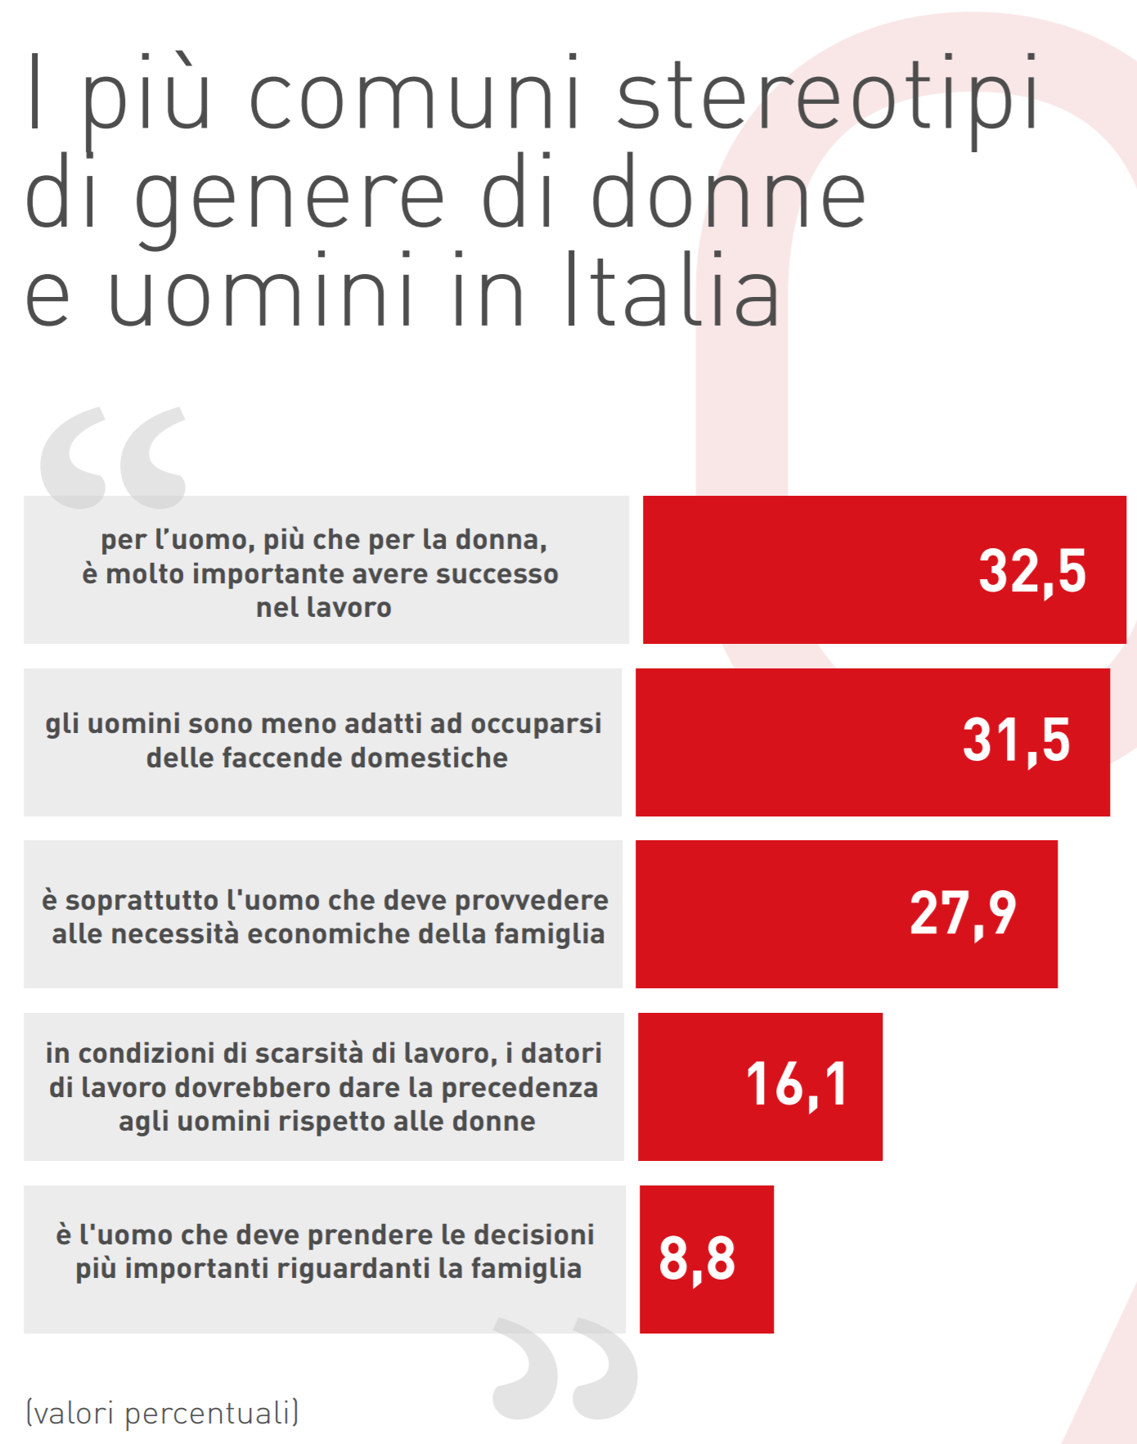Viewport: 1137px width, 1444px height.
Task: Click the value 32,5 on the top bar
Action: (x=1032, y=570)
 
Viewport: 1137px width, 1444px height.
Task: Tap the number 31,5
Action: (x=1016, y=740)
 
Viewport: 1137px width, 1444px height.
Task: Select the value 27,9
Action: (x=963, y=913)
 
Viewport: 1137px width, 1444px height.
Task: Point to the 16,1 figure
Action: (x=797, y=1085)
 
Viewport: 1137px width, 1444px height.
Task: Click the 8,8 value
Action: (x=697, y=1258)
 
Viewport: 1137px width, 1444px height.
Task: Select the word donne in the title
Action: (x=728, y=195)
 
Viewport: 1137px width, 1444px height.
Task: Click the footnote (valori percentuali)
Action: (x=163, y=1413)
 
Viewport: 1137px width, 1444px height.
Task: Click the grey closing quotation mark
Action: (x=565, y=1368)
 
